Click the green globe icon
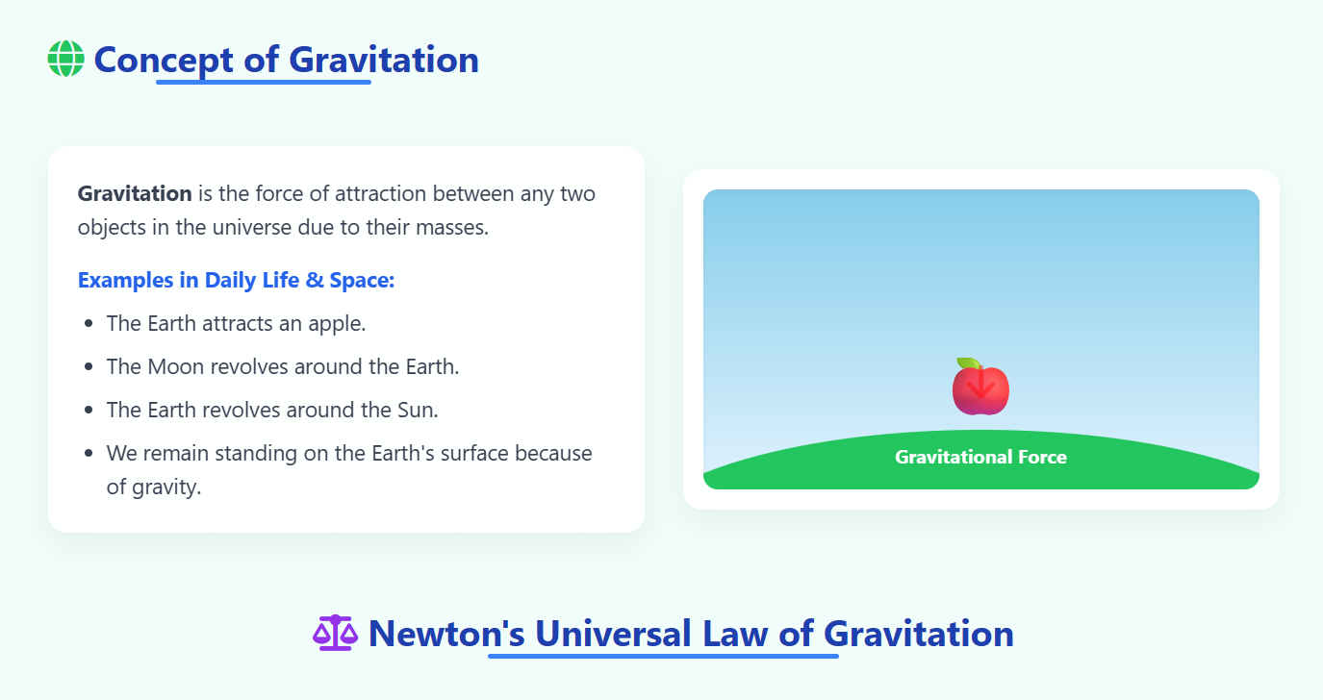(65, 59)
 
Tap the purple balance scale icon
(336, 633)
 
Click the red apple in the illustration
(980, 387)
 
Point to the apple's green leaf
(967, 363)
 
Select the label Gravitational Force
(980, 457)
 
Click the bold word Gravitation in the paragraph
(135, 193)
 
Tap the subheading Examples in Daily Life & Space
(236, 280)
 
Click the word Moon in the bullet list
(175, 366)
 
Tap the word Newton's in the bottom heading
(446, 634)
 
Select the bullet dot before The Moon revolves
(89, 366)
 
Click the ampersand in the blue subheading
(315, 280)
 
